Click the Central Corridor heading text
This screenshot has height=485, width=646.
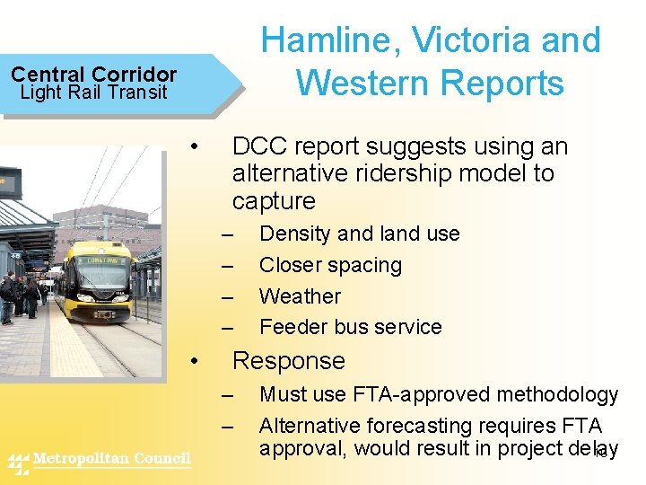[x=93, y=75]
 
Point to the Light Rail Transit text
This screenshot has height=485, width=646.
[x=93, y=92]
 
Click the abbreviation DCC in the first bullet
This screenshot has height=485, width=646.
[x=259, y=146]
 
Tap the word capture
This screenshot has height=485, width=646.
[x=274, y=200]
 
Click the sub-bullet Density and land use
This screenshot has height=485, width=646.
[x=359, y=234]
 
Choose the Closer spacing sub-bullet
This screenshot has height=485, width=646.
[x=330, y=265]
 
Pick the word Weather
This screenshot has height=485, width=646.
[x=300, y=295]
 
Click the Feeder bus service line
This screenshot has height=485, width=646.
[x=350, y=327]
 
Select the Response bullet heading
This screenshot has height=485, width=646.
[x=288, y=361]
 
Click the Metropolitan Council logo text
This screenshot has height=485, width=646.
[x=111, y=460]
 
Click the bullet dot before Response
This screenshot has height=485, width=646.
[x=196, y=361]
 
